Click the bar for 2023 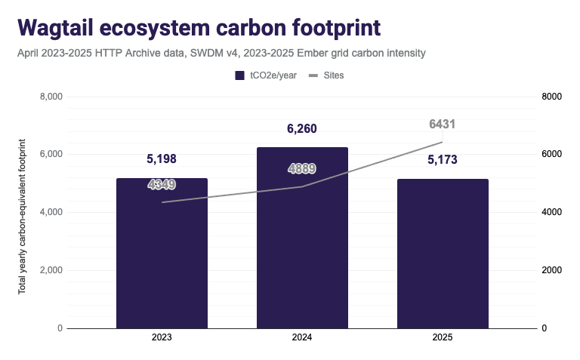click(x=162, y=257)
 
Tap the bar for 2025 click(x=443, y=257)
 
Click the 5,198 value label click(x=162, y=159)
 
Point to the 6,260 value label click(x=302, y=129)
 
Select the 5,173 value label click(x=443, y=159)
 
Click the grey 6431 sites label click(x=443, y=125)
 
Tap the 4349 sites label click(x=162, y=184)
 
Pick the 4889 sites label click(x=302, y=169)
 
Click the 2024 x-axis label click(x=302, y=339)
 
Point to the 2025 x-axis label click(x=443, y=339)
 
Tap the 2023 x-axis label click(x=162, y=339)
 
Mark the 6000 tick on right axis click(x=552, y=154)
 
